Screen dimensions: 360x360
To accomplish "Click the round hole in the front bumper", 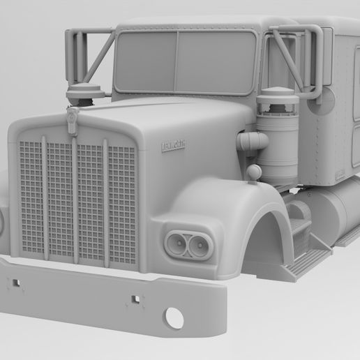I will pos(174,319).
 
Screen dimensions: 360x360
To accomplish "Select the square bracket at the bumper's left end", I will pos(14,283).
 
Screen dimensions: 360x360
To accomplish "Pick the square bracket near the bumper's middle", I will pos(134,301).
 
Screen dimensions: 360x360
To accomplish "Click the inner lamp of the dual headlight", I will pos(177,243).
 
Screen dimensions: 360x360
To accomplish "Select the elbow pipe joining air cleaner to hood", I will pos(250,142).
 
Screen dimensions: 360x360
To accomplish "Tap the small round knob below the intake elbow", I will pos(254,172).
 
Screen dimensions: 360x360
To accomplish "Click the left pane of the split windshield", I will pos(144,61).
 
